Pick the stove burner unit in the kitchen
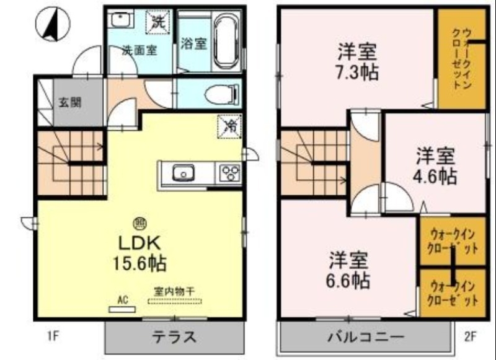click(229, 173)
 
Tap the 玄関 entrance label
click(69, 102)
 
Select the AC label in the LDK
click(122, 299)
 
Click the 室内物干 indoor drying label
click(174, 291)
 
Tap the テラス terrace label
click(174, 338)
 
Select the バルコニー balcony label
click(366, 338)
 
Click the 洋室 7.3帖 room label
click(358, 61)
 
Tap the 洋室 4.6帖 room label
click(436, 165)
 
